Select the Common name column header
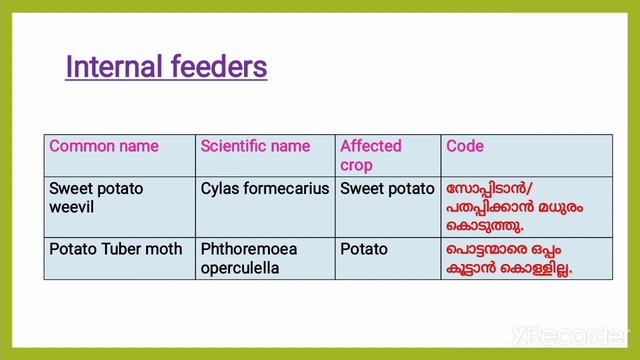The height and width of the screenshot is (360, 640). click(104, 146)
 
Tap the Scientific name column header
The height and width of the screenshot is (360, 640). click(255, 146)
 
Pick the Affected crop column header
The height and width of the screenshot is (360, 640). click(370, 155)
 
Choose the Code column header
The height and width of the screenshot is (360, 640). click(465, 146)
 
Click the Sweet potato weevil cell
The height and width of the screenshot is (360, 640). click(96, 197)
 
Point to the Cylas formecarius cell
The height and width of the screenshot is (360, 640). click(264, 188)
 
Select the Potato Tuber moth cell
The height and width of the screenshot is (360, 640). click(115, 247)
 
